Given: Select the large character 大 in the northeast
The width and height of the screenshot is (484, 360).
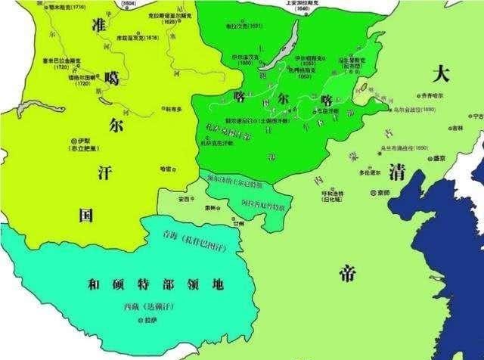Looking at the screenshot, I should (439, 73).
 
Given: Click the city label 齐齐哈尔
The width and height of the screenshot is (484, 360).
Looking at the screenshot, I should (436, 96).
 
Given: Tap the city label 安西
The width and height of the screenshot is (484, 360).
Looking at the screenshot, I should (182, 199).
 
